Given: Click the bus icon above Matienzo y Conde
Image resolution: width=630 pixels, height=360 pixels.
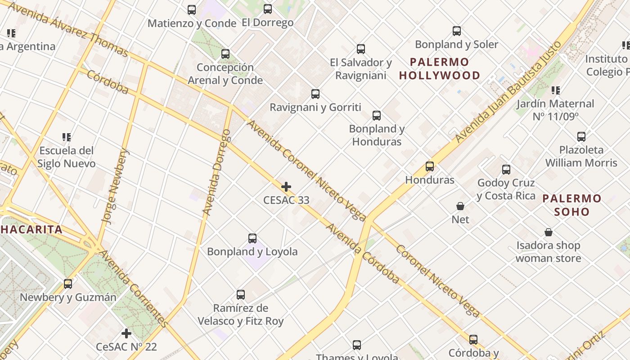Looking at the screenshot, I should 192,9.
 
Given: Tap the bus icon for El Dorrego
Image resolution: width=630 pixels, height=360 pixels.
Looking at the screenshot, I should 268,9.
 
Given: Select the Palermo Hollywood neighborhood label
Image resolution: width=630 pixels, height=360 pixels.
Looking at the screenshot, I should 439,69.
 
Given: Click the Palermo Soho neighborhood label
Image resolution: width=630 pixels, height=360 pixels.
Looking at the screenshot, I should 571,205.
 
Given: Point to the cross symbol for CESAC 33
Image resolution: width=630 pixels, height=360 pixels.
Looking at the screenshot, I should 286,187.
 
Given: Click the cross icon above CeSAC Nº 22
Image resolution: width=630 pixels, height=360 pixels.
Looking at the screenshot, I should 126,333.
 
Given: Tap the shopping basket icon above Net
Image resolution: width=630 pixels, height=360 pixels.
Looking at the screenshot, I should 460,206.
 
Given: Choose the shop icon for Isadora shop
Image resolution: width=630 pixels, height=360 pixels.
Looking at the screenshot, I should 549,232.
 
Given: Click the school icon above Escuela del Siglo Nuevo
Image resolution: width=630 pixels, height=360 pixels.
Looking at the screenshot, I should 67,137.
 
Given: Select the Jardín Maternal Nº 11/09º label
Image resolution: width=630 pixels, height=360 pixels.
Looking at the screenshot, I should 555,110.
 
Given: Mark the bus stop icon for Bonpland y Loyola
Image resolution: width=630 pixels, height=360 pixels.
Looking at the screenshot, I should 252,238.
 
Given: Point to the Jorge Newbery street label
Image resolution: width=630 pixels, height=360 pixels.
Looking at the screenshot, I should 115,186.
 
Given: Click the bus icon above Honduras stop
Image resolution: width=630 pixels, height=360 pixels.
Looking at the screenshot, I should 430,166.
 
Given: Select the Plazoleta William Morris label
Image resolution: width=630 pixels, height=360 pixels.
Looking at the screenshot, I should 581,156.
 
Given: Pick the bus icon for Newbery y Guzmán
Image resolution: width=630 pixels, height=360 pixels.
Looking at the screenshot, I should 68,284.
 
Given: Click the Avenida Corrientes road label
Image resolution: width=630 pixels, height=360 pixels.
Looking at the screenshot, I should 133,288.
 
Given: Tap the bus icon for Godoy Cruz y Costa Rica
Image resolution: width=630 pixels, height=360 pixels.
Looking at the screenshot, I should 506,170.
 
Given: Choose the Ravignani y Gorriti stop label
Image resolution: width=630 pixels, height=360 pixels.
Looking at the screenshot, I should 315,107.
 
